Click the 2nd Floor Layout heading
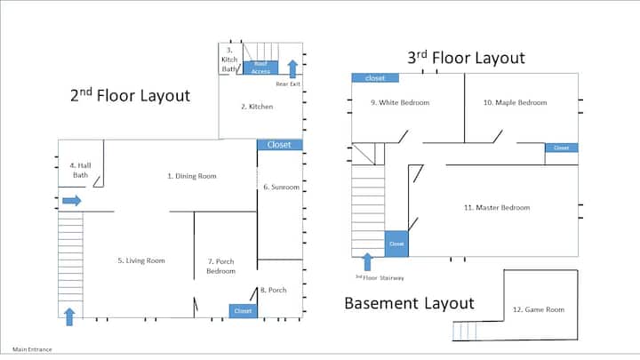click(130, 95)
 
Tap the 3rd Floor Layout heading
click(466, 58)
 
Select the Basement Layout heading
click(410, 303)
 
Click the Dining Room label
click(192, 176)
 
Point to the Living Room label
click(141, 260)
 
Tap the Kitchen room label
click(257, 107)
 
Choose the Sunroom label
click(281, 187)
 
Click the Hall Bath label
click(80, 170)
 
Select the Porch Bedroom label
click(220, 266)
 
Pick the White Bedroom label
click(400, 102)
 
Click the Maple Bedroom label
click(515, 102)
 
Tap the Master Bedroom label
click(497, 207)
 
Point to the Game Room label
click(539, 309)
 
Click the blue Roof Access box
click(260, 68)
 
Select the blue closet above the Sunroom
click(280, 145)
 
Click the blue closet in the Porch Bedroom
click(243, 311)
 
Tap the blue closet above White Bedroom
click(375, 77)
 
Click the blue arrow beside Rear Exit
click(292, 69)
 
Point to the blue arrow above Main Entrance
click(69, 317)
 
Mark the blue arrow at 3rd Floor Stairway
click(367, 261)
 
